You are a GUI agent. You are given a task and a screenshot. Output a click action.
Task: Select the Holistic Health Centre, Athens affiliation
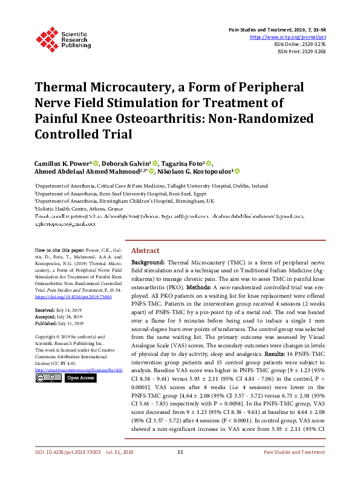[79, 208]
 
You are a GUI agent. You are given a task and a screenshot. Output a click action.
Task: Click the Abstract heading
[145, 251]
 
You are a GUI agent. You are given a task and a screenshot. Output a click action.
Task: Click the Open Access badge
[80, 378]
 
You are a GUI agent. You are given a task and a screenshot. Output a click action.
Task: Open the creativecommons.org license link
[70, 369]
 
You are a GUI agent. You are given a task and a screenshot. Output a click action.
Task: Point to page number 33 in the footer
[180, 470]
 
